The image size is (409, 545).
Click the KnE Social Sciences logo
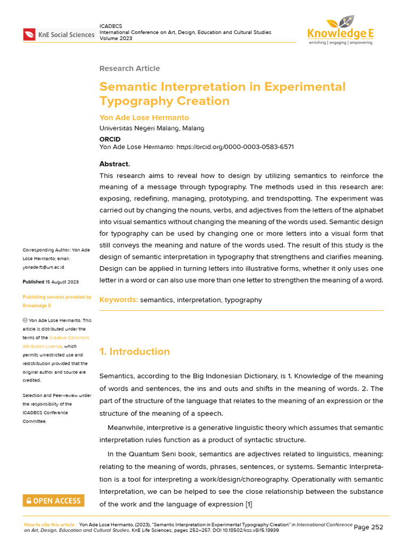coord(59,35)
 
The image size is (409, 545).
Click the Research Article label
coord(129,69)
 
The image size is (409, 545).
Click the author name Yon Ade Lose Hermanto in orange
coord(144,118)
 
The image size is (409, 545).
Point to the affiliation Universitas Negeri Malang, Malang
coord(152,128)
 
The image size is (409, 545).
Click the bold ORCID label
coord(111,139)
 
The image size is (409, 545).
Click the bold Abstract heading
coord(114,164)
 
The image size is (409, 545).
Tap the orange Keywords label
coord(118,300)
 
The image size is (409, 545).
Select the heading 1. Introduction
coord(135,351)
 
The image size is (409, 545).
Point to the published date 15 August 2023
coord(61,282)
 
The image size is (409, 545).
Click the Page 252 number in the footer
coord(369,527)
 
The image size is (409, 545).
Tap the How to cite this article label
coord(50,524)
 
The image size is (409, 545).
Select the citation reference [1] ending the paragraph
coord(249,504)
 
